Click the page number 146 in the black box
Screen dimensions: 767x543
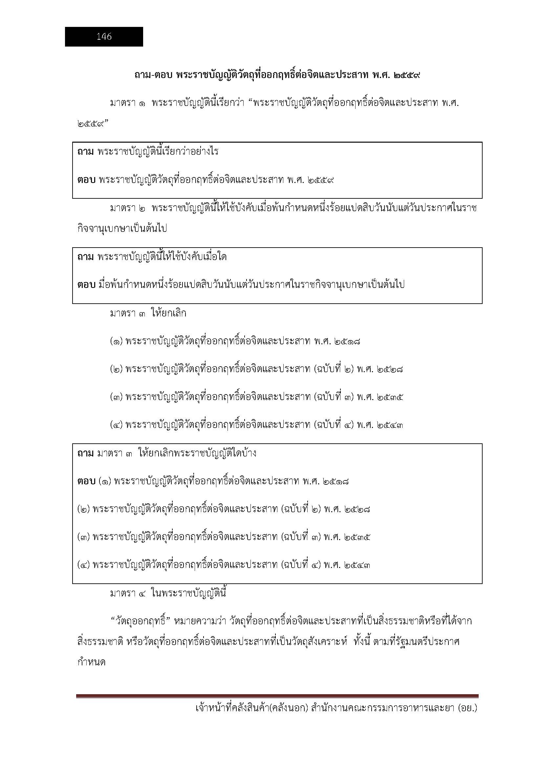click(104, 37)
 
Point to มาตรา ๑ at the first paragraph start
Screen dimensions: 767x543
click(127, 103)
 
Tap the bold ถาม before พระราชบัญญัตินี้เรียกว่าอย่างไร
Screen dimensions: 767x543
click(86, 152)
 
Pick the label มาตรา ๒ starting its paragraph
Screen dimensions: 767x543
click(127, 209)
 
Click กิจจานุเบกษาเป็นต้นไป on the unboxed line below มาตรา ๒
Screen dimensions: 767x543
click(122, 229)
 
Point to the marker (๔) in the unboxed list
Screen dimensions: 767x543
click(117, 425)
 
